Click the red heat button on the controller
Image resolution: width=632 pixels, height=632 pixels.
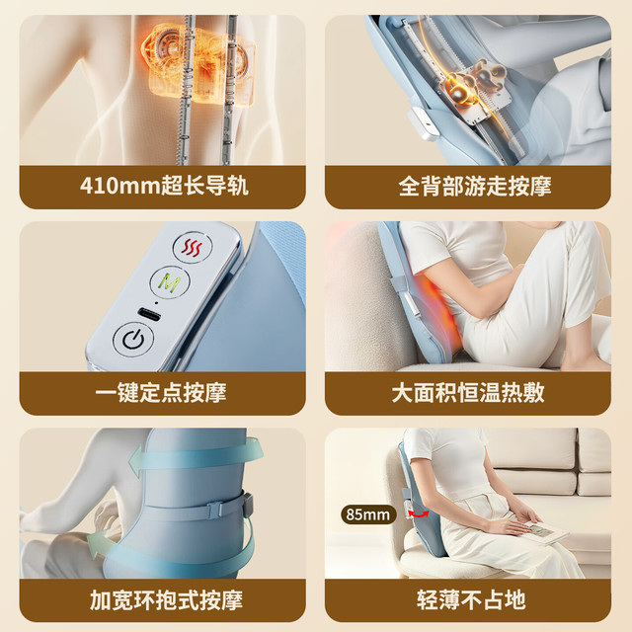pos(192,247)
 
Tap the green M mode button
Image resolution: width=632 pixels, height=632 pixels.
pos(170,282)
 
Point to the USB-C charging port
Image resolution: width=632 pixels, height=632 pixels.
pos(149,314)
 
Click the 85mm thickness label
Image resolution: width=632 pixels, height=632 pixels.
pos(368,514)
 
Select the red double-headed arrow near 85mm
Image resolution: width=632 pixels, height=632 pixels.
pos(419,513)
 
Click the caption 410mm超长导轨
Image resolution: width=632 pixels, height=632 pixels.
pos(164,187)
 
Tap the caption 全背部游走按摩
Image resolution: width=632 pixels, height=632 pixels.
pos(475,187)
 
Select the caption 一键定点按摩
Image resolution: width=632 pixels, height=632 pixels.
pos(161,393)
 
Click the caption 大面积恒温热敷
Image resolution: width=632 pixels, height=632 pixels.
pos(468,393)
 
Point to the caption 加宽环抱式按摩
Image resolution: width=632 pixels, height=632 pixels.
pos(166,599)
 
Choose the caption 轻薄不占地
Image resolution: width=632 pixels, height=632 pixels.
pos(471,599)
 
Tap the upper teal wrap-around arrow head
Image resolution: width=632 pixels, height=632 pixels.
pos(136,461)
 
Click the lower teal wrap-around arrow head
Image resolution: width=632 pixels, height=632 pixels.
pos(96,544)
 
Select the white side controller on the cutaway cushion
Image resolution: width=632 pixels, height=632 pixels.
pos(423,123)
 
